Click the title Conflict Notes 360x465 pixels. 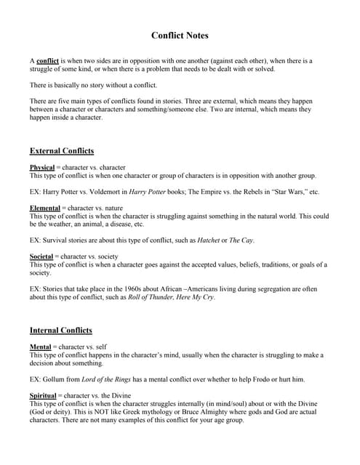point(180,35)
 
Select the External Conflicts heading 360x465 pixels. point(62,151)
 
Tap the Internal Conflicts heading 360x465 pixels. point(61,330)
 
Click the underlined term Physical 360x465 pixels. point(42,168)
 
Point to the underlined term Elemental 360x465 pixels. point(45,208)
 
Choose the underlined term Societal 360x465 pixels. point(41,256)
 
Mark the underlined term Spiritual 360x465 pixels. point(43,395)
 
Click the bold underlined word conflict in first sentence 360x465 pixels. point(47,61)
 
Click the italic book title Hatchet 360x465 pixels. point(209,240)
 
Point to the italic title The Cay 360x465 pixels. point(241,240)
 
